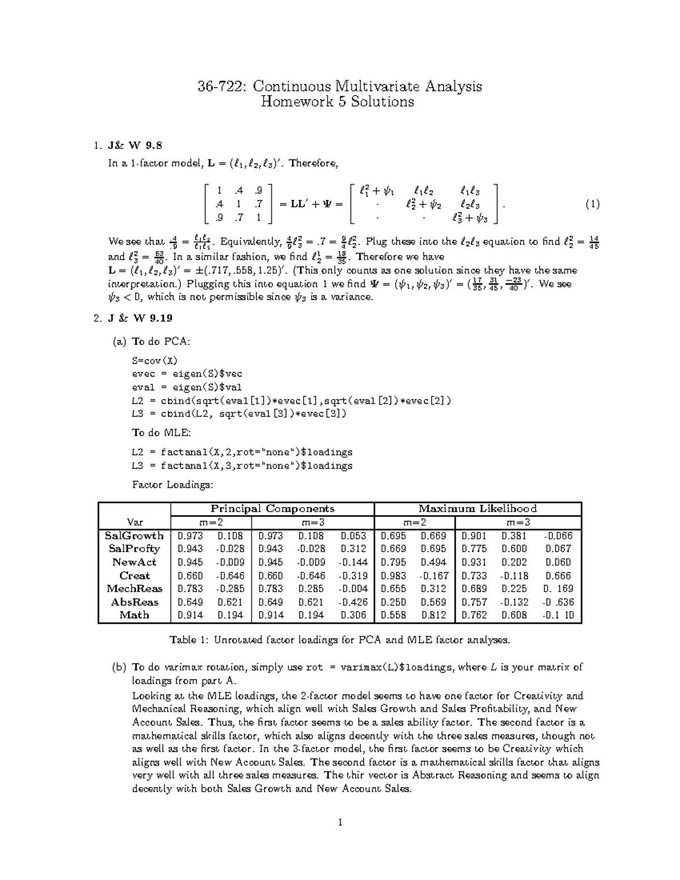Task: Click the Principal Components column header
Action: (x=273, y=508)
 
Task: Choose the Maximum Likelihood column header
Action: (x=477, y=508)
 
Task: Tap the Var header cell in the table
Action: (x=135, y=522)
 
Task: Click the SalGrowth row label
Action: (x=134, y=535)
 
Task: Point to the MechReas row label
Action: (x=134, y=589)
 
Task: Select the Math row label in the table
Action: (x=134, y=615)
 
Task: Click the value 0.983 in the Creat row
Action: (x=393, y=576)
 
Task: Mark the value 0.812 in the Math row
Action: (x=433, y=615)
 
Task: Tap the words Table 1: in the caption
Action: (x=190, y=640)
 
